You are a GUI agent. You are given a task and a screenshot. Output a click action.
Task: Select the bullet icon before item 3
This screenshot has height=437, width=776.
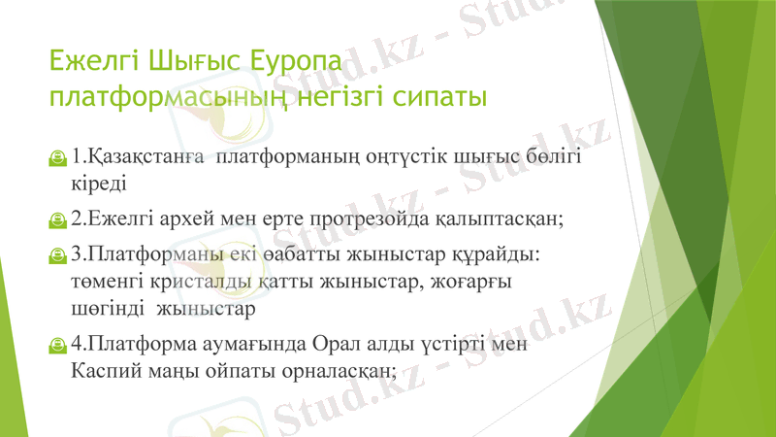point(59,254)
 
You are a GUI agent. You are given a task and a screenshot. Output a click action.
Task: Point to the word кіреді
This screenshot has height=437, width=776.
point(98,182)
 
